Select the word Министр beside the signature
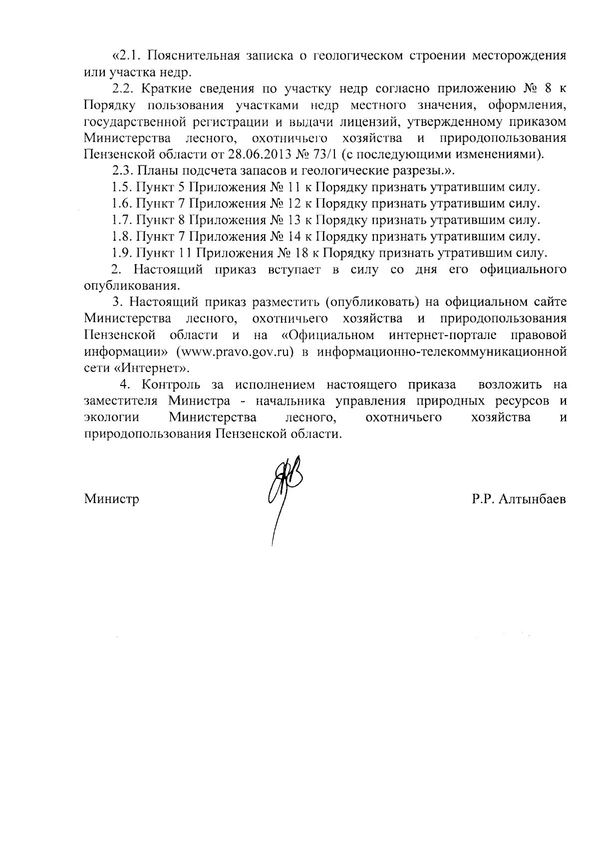tap(112, 499)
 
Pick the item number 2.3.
tap(122, 170)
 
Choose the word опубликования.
tap(131, 286)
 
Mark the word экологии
tap(111, 418)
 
